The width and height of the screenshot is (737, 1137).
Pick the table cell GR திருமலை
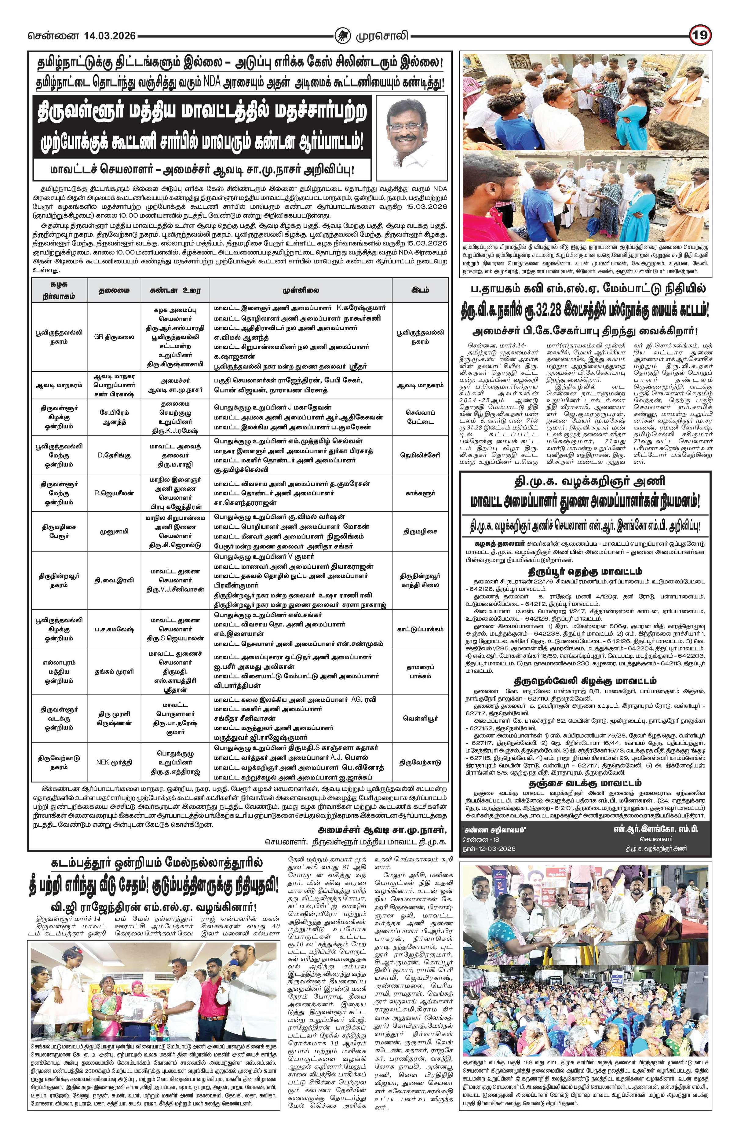click(114, 337)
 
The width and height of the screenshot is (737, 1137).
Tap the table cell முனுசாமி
click(114, 531)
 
